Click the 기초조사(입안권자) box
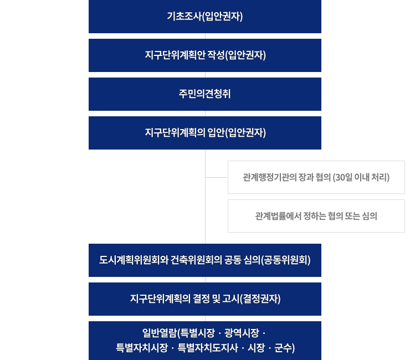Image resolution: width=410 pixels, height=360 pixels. [x=205, y=17]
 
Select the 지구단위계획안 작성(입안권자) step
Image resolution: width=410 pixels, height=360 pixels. [x=205, y=55]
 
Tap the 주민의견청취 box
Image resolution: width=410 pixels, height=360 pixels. [x=205, y=94]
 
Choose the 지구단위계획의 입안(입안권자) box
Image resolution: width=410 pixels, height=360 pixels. [x=205, y=133]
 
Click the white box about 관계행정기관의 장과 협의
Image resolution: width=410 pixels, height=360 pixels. [x=316, y=177]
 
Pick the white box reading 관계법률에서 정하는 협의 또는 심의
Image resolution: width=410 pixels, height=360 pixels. [x=316, y=216]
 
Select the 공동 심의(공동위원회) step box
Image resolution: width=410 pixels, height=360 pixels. [x=205, y=260]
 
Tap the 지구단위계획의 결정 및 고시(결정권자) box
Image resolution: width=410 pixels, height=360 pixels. [x=205, y=299]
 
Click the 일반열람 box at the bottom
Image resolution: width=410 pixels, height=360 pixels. [x=205, y=341]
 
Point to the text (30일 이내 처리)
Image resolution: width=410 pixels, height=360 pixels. [x=361, y=178]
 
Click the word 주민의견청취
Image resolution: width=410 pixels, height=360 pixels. [x=205, y=94]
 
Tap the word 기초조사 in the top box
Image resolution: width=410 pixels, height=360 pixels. [x=184, y=16]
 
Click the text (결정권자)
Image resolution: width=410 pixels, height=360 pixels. [x=260, y=299]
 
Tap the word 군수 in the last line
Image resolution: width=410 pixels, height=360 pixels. [x=283, y=348]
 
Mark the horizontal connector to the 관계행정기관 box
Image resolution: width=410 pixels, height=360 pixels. [x=217, y=178]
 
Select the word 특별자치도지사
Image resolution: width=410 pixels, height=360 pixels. [x=208, y=348]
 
